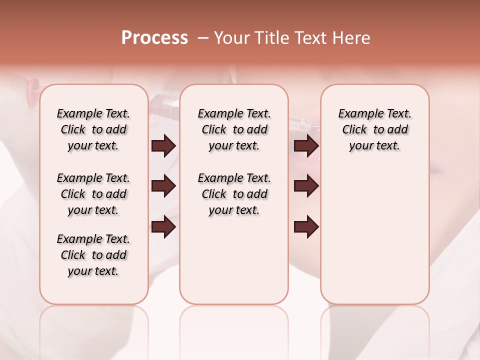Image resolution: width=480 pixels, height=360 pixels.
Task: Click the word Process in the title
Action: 154,38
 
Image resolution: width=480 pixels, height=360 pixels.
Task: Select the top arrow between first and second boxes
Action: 163,146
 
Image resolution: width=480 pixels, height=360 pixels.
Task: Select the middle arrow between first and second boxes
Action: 163,186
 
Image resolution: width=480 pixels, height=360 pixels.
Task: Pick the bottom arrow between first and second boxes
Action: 163,226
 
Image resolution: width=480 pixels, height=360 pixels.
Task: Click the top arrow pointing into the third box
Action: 306,146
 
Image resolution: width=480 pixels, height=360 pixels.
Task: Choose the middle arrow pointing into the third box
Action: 306,186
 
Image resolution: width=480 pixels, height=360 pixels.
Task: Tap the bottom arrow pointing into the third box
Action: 306,226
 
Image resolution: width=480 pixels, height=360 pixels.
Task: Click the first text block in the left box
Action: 93,129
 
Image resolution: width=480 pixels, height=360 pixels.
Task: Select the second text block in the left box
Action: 93,194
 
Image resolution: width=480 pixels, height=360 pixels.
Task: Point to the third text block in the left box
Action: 93,255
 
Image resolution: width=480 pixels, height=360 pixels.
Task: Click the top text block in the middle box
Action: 234,129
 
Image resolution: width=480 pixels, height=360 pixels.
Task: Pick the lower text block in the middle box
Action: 234,194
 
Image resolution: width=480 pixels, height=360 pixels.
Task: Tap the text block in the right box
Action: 375,129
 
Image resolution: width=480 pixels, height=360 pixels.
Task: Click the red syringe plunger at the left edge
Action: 34,85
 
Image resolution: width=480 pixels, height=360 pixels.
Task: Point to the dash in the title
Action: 203,38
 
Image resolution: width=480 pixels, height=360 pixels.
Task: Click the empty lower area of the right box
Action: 375,235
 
